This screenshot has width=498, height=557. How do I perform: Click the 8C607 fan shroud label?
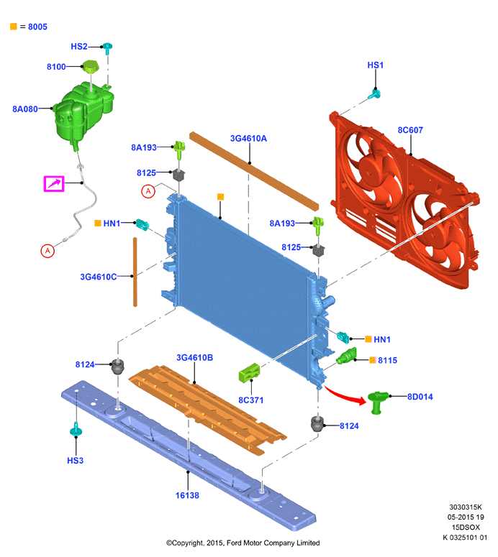point(410,130)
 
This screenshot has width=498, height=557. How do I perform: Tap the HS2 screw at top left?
point(107,47)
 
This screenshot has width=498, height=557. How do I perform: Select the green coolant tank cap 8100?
point(91,66)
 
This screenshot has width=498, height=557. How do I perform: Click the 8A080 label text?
point(25,109)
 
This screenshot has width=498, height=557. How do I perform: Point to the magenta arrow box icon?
point(54,184)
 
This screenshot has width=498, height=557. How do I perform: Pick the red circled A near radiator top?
point(148,191)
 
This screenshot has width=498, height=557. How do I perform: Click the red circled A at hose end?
point(47,251)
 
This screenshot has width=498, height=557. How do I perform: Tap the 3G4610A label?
point(248,138)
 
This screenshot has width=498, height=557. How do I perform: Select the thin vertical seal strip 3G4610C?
point(135,272)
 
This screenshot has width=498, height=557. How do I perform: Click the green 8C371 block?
point(249,372)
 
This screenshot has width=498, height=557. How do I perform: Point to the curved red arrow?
point(344,395)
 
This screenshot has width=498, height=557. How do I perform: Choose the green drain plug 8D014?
point(377,402)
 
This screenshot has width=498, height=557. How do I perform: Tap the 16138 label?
point(187,495)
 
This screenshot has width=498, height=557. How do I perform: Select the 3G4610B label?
point(194,357)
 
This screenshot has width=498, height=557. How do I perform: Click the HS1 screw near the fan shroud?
point(374,94)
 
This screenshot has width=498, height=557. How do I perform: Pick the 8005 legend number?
point(37,27)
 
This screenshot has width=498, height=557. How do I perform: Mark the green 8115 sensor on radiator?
point(346,356)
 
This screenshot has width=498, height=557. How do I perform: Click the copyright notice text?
point(243,543)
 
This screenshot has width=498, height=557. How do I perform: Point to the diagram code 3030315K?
point(466,507)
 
